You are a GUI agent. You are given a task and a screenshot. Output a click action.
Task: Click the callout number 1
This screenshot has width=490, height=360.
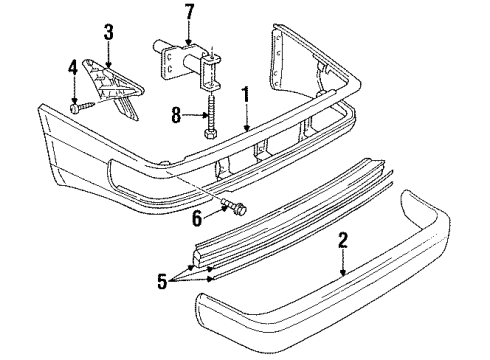pyautogui.click(x=246, y=94)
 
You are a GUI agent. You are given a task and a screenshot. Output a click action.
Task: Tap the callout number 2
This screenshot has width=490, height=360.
pyautogui.click(x=343, y=240)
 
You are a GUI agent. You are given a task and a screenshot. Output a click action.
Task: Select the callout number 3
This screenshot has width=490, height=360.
pyautogui.click(x=109, y=32)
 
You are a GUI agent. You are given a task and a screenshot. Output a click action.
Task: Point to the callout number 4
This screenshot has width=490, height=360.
pyautogui.click(x=73, y=67)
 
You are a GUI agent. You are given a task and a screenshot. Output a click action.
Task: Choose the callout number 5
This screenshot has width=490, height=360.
pyautogui.click(x=162, y=281)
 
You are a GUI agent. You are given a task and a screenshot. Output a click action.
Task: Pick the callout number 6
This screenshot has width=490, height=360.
pyautogui.click(x=197, y=219)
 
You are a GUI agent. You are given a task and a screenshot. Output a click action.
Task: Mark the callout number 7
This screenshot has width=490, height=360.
pyautogui.click(x=189, y=12)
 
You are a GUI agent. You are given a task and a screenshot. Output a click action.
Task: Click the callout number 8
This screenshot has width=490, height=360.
pyautogui.click(x=176, y=115)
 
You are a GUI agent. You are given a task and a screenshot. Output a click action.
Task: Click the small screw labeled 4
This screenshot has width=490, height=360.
pyautogui.click(x=83, y=108)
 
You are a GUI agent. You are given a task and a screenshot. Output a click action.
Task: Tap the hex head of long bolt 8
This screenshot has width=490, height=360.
pyautogui.click(x=211, y=134)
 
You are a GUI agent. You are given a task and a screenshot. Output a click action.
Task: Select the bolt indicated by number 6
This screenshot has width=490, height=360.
pyautogui.click(x=235, y=206)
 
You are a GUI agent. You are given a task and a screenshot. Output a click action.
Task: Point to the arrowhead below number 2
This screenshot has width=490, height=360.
pyautogui.click(x=343, y=273)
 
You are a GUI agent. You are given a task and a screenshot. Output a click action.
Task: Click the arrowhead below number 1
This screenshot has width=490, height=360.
pyautogui.click(x=246, y=128)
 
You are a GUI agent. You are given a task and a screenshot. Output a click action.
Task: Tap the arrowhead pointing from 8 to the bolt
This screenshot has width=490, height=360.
pyautogui.click(x=205, y=115)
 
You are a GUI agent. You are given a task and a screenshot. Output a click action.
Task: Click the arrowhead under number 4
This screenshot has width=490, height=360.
pyautogui.click(x=74, y=101)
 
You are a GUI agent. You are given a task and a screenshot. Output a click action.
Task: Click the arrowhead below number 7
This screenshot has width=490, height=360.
pyautogui.click(x=189, y=42)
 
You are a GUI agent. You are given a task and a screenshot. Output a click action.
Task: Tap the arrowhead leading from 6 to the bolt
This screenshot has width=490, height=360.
pyautogui.click(x=224, y=208)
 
